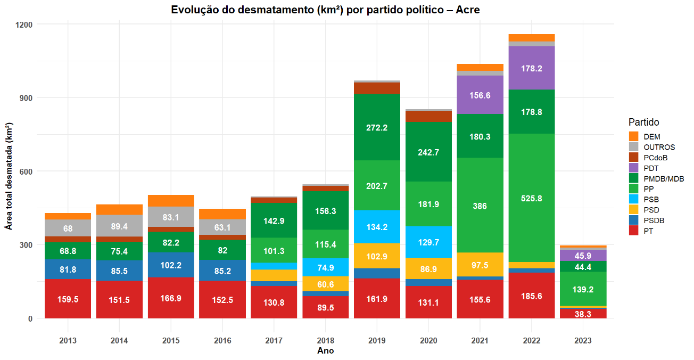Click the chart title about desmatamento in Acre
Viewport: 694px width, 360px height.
click(x=325, y=10)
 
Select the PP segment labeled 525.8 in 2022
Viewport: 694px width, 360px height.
click(x=532, y=198)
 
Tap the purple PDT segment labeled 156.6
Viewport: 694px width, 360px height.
click(x=480, y=95)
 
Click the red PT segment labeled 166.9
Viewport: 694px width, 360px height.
click(x=171, y=298)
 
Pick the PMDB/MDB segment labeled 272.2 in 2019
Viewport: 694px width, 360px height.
click(x=377, y=127)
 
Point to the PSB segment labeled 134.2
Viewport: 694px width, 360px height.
click(x=377, y=227)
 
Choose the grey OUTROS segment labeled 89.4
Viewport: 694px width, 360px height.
click(x=119, y=226)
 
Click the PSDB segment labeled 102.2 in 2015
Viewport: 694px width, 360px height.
click(x=171, y=265)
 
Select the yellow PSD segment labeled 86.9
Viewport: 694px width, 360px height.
click(x=428, y=268)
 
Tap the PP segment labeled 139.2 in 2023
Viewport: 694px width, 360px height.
click(x=583, y=289)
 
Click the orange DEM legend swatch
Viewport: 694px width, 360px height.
click(x=633, y=136)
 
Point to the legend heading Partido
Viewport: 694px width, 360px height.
click(x=643, y=122)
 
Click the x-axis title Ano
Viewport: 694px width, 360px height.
click(x=325, y=350)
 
